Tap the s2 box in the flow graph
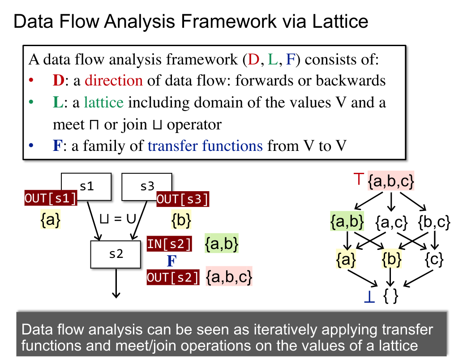pyautogui.click(x=116, y=254)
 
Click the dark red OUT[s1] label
pyautogui.click(x=51, y=198)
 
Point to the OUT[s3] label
pyautogui.click(x=182, y=199)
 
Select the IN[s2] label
pyautogui.click(x=170, y=244)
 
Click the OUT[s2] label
pyautogui.click(x=173, y=278)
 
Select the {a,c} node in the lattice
pyautogui.click(x=391, y=222)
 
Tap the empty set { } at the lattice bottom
pyautogui.click(x=390, y=296)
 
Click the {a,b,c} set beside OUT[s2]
pyautogui.click(x=229, y=278)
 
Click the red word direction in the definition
pyautogui.click(x=114, y=81)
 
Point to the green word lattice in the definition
pyautogui.click(x=103, y=103)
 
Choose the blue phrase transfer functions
pyautogui.click(x=205, y=146)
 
